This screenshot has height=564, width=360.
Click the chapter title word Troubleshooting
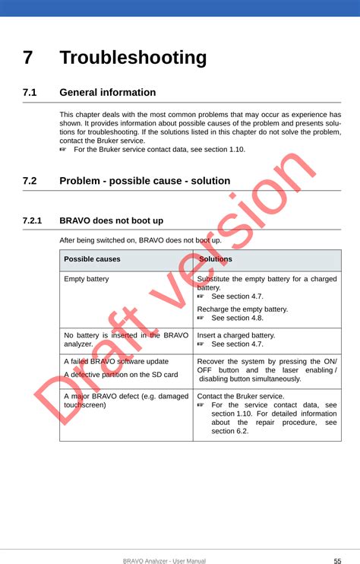(x=133, y=58)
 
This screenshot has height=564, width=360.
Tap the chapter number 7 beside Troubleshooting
(x=28, y=58)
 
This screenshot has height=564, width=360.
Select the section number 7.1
(x=30, y=93)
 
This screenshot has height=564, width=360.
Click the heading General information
(x=107, y=93)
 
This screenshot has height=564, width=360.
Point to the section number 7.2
(x=30, y=181)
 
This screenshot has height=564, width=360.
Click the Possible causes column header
(x=92, y=259)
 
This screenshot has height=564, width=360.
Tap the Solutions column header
(x=215, y=259)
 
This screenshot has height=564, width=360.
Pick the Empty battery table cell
(x=86, y=279)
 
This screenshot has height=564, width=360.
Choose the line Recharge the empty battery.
(x=242, y=309)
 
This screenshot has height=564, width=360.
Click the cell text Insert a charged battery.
(x=235, y=335)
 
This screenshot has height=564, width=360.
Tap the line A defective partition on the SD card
(x=121, y=374)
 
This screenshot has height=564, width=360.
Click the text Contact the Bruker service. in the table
(x=240, y=396)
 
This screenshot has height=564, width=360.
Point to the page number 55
(x=336, y=561)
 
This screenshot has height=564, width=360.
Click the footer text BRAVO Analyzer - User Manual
(x=164, y=561)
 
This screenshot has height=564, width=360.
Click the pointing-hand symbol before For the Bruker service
(x=64, y=150)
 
